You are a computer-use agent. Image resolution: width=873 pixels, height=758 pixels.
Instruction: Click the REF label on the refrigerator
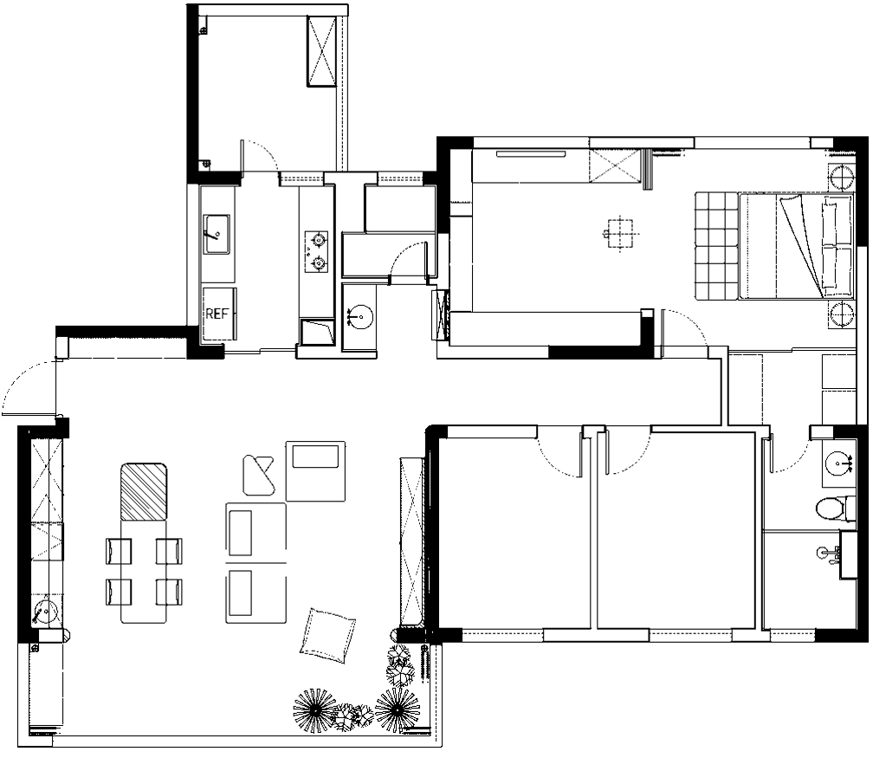tap(217, 314)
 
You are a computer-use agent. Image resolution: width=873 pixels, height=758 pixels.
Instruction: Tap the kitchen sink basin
tap(216, 234)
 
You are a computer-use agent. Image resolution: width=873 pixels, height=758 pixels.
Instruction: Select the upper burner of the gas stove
tap(319, 241)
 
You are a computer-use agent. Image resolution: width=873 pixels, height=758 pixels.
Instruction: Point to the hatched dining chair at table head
tap(144, 491)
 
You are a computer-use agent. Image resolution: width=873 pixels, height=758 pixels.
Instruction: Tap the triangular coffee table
tap(258, 475)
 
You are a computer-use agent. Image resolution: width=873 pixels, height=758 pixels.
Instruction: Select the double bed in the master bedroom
tap(796, 246)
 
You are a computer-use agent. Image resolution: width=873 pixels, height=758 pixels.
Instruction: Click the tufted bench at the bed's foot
tap(716, 246)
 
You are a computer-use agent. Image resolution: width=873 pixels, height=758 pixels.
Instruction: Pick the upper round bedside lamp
tap(841, 177)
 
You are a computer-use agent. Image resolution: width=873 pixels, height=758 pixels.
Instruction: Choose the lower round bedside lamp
tap(841, 314)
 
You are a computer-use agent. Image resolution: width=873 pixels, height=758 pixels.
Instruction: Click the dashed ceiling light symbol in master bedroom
tap(620, 233)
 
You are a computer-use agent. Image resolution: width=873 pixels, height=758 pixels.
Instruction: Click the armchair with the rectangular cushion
tap(315, 471)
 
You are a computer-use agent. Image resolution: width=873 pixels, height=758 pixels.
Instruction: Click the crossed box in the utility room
tap(322, 51)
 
